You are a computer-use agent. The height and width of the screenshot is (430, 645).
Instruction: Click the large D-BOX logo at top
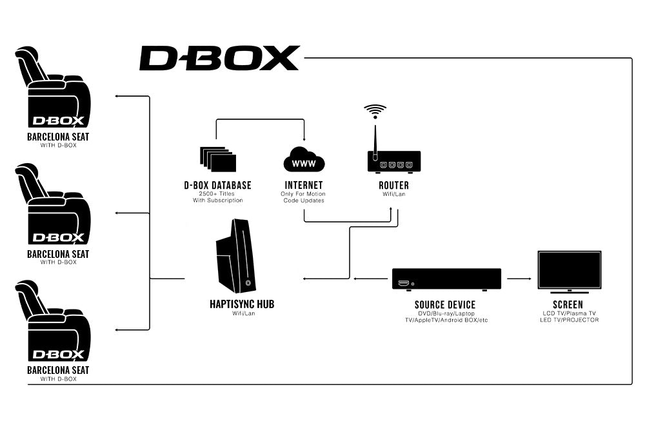[x=219, y=58]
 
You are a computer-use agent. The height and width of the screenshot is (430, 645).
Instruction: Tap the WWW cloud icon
[x=304, y=161]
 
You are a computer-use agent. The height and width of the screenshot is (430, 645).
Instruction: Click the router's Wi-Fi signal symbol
[x=375, y=111]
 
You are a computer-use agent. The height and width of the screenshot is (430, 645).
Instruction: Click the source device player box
[x=446, y=279]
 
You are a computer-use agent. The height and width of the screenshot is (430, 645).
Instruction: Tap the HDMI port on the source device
[x=404, y=284]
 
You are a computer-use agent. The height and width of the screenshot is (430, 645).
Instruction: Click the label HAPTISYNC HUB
[x=241, y=304]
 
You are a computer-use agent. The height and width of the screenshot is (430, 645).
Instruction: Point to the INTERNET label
[x=303, y=186]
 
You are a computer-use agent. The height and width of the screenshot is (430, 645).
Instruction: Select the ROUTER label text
[x=393, y=186]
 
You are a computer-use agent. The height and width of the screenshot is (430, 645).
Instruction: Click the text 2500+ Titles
[x=217, y=193]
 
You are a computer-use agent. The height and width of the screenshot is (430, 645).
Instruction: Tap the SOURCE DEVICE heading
[x=445, y=304]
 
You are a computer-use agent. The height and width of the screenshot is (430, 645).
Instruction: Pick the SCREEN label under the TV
[x=568, y=304]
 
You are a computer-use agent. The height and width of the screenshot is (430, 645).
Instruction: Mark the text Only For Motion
[x=303, y=193]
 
